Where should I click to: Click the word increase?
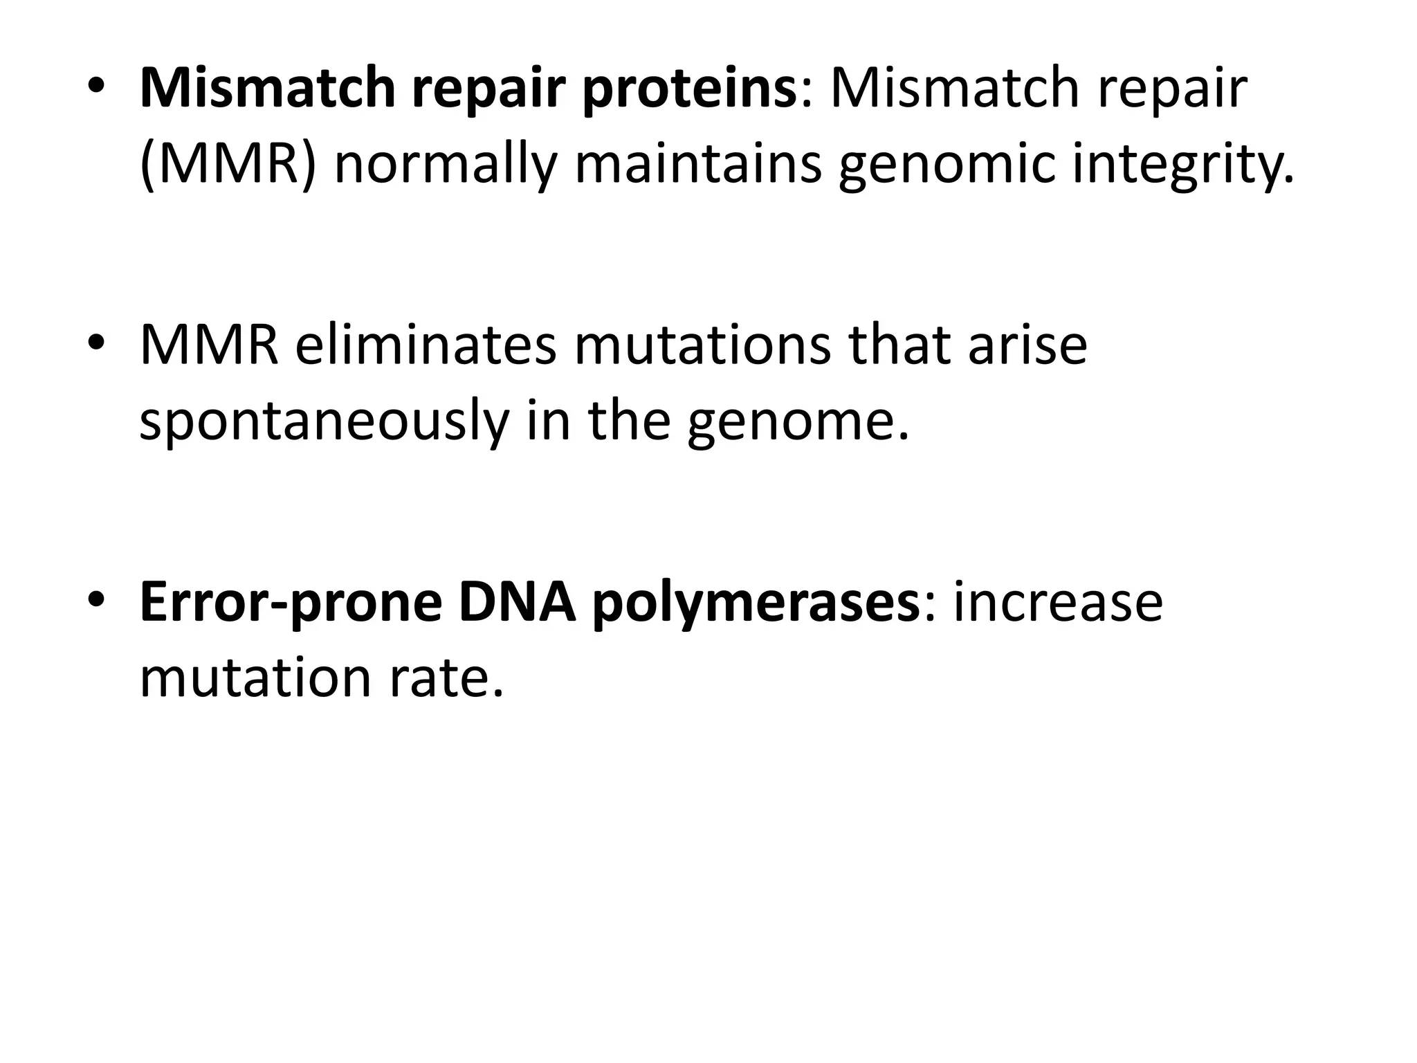point(1058,602)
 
